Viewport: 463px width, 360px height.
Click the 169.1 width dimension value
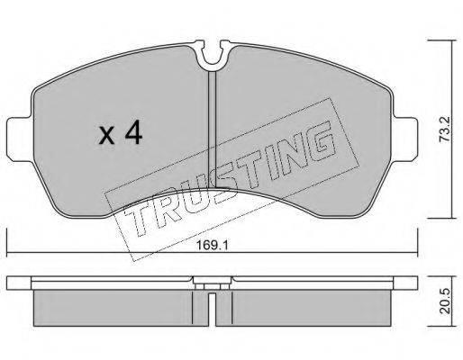(x=213, y=246)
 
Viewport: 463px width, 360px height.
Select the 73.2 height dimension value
(x=445, y=129)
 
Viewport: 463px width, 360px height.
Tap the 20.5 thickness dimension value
(x=445, y=301)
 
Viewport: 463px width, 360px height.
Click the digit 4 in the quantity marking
(x=133, y=132)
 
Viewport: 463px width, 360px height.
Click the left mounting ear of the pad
(x=19, y=139)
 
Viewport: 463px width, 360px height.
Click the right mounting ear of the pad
(x=405, y=139)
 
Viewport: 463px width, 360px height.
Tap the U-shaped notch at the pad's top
(x=213, y=56)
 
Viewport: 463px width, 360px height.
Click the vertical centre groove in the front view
(x=213, y=129)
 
